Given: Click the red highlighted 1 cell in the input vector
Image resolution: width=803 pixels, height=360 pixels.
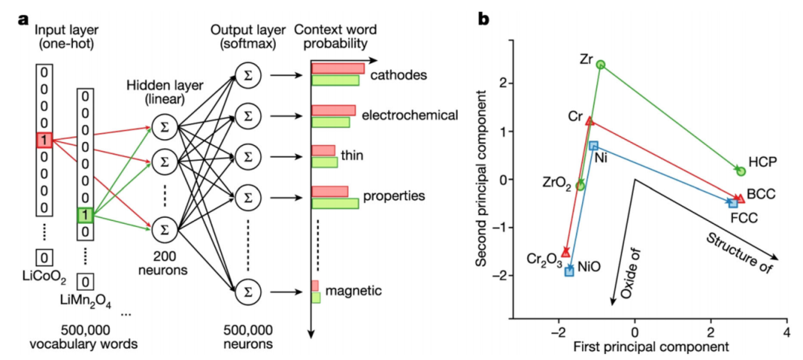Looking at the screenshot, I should point(44,139).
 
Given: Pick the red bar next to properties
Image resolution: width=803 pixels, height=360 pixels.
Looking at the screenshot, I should point(329,191).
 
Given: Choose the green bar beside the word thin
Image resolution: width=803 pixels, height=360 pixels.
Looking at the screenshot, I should point(324,162).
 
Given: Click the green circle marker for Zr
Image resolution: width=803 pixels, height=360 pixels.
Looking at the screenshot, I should point(601,65).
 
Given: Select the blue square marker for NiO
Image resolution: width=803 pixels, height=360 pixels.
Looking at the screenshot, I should point(570,271).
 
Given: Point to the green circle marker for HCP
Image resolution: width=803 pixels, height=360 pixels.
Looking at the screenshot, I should point(741,171).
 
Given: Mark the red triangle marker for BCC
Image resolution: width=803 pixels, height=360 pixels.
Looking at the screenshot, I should point(739,197).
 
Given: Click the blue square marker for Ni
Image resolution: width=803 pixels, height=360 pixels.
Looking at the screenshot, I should point(593,146).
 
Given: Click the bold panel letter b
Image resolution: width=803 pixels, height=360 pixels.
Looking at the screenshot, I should point(483,20).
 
